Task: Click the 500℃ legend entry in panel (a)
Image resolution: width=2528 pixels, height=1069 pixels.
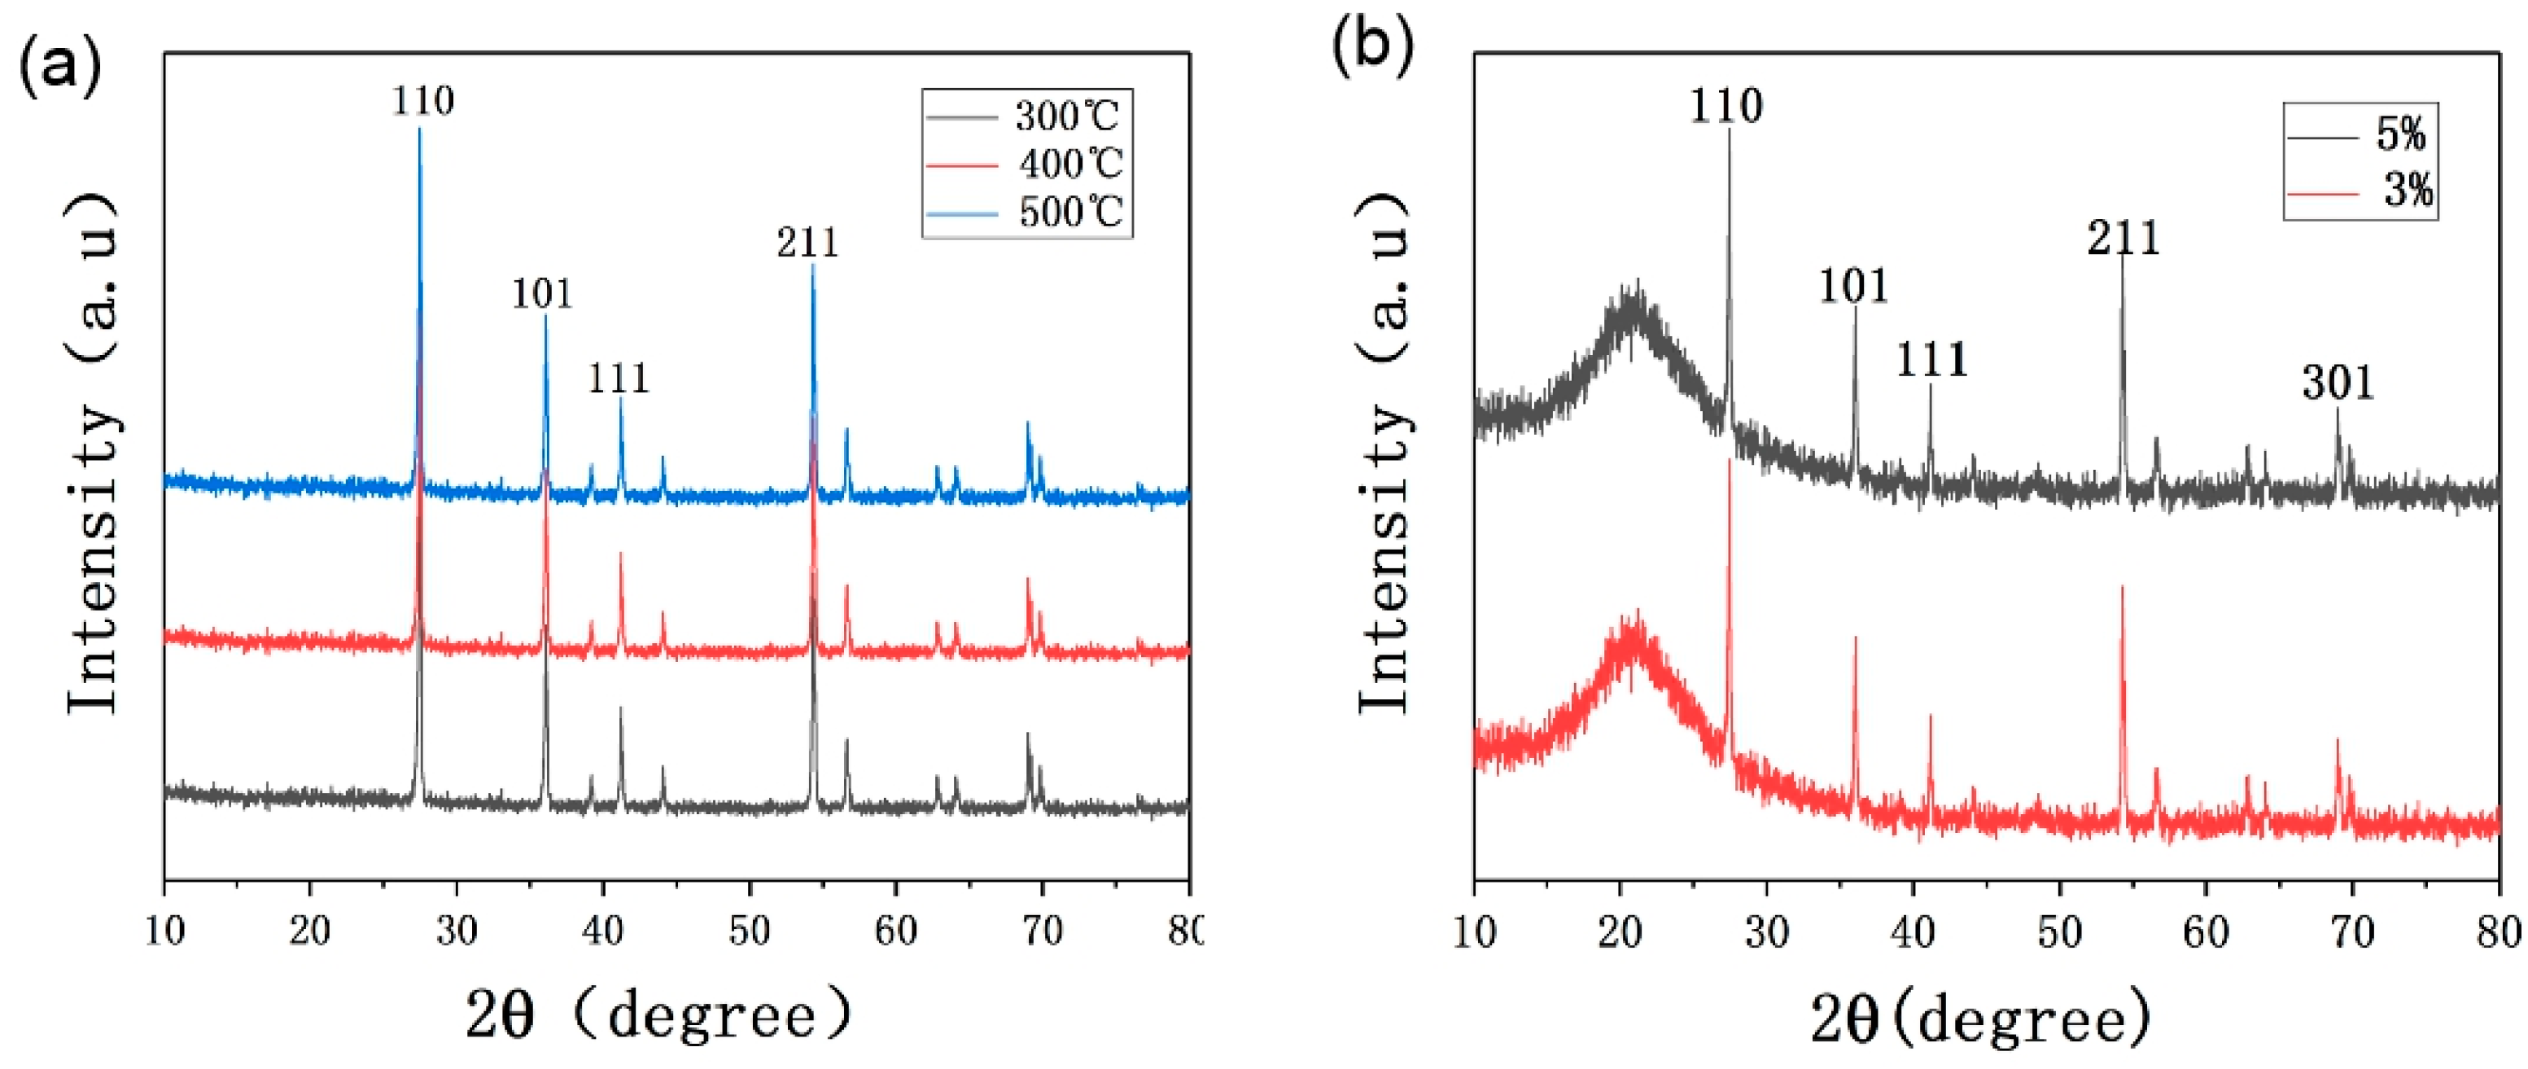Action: point(1069,212)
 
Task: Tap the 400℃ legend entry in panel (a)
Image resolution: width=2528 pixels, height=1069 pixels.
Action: point(1069,164)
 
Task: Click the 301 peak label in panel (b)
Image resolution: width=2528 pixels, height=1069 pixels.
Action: point(2337,383)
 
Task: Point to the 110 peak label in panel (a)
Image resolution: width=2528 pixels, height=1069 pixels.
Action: point(423,101)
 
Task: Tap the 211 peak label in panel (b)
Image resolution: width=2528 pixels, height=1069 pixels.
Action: point(2123,239)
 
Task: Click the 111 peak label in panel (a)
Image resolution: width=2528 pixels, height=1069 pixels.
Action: point(619,379)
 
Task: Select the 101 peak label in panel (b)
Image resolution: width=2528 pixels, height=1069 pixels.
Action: point(1852,287)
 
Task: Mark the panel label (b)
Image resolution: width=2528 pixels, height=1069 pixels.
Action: point(1372,44)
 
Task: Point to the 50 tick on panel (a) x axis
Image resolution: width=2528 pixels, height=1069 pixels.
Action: point(750,931)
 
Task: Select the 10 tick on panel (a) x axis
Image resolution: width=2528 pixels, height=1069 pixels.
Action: point(165,931)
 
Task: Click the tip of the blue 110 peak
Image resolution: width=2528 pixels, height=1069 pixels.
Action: point(420,129)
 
